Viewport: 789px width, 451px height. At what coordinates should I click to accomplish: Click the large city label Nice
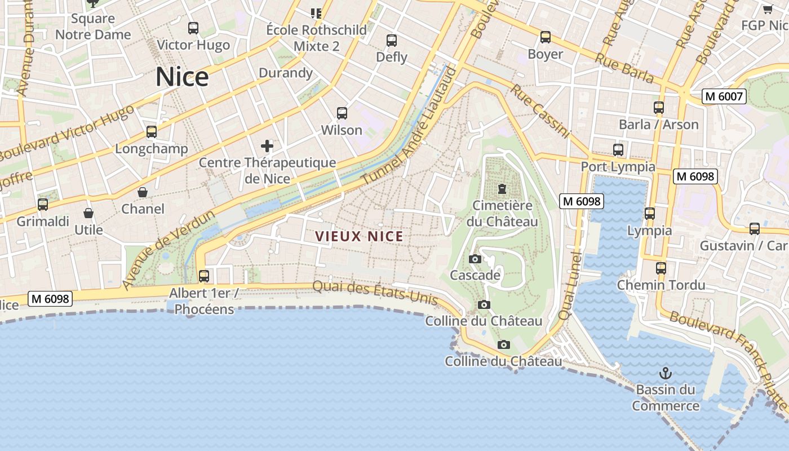click(182, 77)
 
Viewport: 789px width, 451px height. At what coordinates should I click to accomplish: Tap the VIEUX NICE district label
click(359, 236)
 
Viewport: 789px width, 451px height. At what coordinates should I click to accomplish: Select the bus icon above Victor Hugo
click(193, 28)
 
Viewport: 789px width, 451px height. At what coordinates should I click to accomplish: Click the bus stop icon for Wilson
click(342, 113)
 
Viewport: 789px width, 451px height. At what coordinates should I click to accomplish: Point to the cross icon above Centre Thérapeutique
click(267, 147)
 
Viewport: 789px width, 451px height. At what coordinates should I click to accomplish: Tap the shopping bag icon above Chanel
click(143, 192)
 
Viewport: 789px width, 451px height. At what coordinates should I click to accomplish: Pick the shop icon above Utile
click(88, 213)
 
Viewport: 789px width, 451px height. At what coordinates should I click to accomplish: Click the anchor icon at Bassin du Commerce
click(666, 373)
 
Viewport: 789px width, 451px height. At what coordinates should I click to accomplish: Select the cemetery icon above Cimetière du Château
click(502, 189)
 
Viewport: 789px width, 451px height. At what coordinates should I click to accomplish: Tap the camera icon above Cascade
click(475, 259)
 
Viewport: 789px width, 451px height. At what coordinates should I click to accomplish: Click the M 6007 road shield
click(724, 96)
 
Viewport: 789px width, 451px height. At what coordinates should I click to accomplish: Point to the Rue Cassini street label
click(540, 112)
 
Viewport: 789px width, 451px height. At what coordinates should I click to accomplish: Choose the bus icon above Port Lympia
click(618, 150)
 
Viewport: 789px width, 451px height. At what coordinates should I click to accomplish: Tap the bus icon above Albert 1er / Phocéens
click(204, 276)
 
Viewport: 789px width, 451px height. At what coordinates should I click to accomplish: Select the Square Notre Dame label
click(93, 26)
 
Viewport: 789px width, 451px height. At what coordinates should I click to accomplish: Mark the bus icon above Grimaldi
click(43, 205)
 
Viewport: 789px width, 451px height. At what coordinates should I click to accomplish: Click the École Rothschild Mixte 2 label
click(316, 38)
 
